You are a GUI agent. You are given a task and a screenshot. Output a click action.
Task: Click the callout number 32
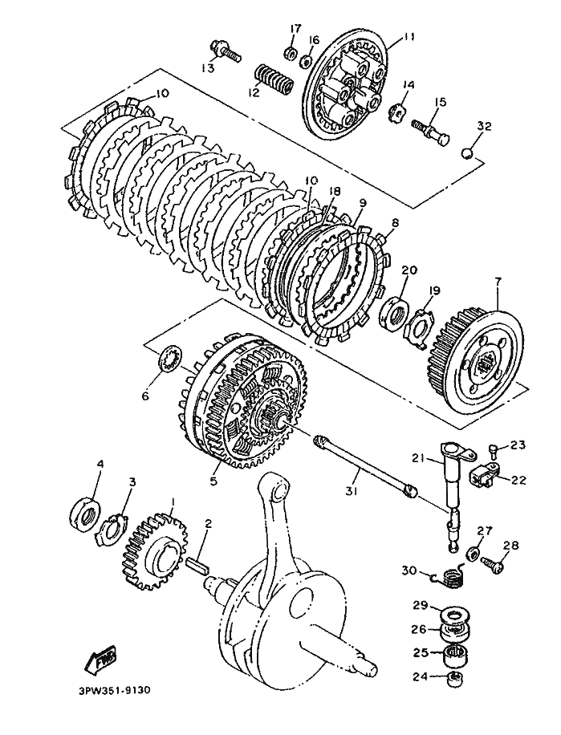tap(484, 127)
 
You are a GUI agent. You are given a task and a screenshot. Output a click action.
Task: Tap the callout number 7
tap(498, 282)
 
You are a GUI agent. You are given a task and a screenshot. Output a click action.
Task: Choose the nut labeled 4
tap(85, 514)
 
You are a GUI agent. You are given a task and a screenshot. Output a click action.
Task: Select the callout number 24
tap(420, 677)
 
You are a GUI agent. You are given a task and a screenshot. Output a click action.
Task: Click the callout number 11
tap(409, 36)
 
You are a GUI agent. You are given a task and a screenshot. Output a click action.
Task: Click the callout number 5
tap(213, 481)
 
